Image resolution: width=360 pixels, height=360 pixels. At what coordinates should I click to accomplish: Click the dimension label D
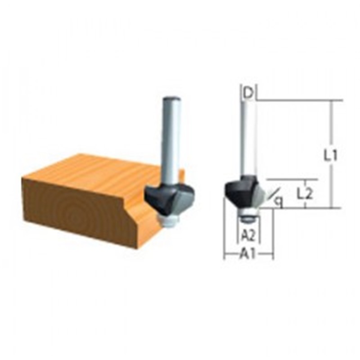tap(248, 93)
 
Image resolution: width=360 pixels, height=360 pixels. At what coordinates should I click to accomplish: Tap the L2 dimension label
tap(305, 194)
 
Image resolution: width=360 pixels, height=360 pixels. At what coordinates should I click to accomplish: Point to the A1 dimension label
tap(248, 254)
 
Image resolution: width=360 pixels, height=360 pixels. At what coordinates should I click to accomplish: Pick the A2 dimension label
tap(248, 235)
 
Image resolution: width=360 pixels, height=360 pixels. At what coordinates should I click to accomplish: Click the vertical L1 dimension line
tap(331, 154)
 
